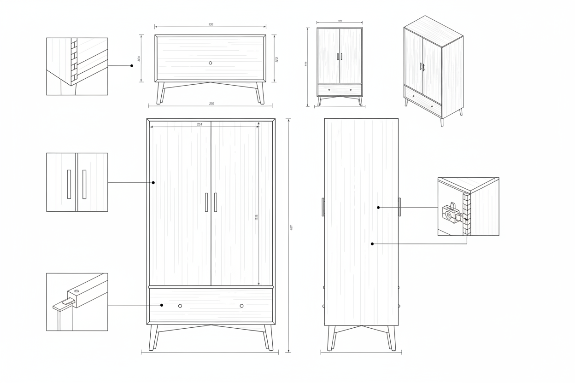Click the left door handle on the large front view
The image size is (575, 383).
point(206,202)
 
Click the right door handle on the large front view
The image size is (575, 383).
point(215,202)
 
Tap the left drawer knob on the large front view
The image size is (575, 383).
point(180,306)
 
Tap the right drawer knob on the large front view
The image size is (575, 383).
point(241,306)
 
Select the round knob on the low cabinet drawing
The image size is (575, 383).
point(211,63)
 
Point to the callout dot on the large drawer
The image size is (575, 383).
point(162,305)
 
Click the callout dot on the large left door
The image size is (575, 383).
point(153,183)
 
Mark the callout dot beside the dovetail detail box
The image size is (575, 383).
point(132,66)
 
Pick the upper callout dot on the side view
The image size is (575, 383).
point(378,208)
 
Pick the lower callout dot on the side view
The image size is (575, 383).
point(372,244)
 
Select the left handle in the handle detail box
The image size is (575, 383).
point(69,184)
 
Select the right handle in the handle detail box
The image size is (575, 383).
point(84,184)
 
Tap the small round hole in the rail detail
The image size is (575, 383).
point(76,291)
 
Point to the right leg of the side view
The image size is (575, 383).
point(392,338)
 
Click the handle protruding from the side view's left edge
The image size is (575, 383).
point(323,207)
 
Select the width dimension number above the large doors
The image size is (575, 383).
point(199,124)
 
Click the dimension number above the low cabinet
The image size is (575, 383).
point(211,24)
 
